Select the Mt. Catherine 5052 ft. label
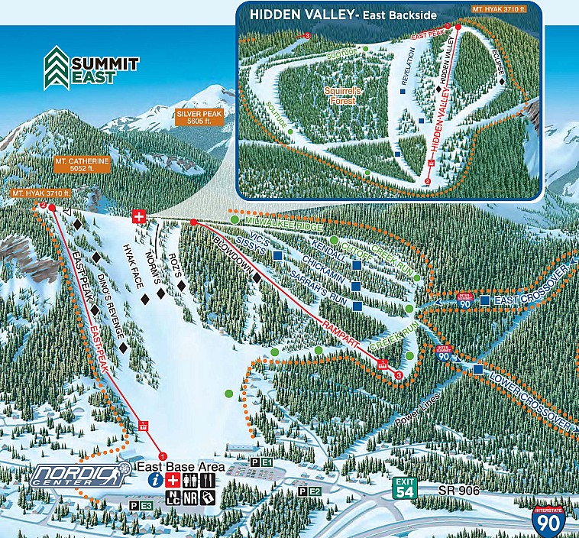click(82, 166)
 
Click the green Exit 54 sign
click(405, 488)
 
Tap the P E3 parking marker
click(143, 505)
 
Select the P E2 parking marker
click(309, 491)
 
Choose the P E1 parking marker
click(260, 463)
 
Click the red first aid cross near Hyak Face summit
click(138, 216)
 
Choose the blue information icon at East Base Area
click(156, 481)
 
